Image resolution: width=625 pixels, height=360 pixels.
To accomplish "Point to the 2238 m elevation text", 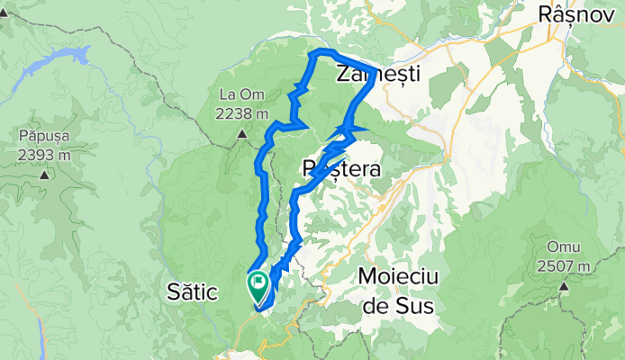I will coord(243,113).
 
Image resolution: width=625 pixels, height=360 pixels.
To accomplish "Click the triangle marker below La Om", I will coord(243,135).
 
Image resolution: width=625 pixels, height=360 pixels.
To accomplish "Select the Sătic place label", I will coord(194,291).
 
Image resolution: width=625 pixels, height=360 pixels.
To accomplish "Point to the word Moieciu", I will coord(396,276).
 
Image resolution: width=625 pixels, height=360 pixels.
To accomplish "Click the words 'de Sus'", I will coord(396,306).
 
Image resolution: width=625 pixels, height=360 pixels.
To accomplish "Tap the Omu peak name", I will coord(563,248).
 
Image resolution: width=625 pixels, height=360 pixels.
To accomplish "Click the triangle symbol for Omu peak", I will coord(563,286).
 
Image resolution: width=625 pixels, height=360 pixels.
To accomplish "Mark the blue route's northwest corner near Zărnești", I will coord(312,56).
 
